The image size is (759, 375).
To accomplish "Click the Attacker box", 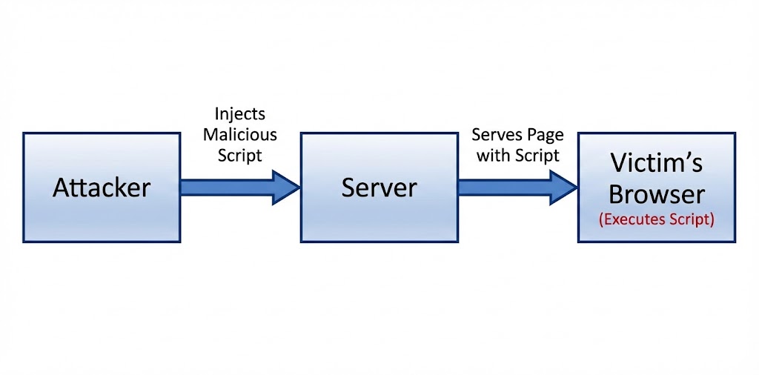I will pos(102,215).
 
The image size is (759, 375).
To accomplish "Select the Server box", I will pos(379,215).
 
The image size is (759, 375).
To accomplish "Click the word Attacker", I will pos(102,187).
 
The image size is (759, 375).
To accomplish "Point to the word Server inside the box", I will pos(379,187).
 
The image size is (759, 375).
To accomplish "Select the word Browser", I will pos(657,194).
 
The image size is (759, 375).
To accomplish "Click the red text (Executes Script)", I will pos(657,220).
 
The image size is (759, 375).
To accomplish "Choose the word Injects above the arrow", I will pos(240,115).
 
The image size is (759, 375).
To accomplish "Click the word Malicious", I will pos(240,135).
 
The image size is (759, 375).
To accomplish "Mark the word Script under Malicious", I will pos(240,156).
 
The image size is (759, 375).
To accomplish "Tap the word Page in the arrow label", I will pos(546,136).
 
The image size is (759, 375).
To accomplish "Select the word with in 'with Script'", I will pos(492,156).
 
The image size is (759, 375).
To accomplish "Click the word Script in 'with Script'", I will pos(534,156).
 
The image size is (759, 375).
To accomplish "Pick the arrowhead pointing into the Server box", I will pos(286,187).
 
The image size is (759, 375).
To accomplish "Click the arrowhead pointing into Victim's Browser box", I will pos(563,187).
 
